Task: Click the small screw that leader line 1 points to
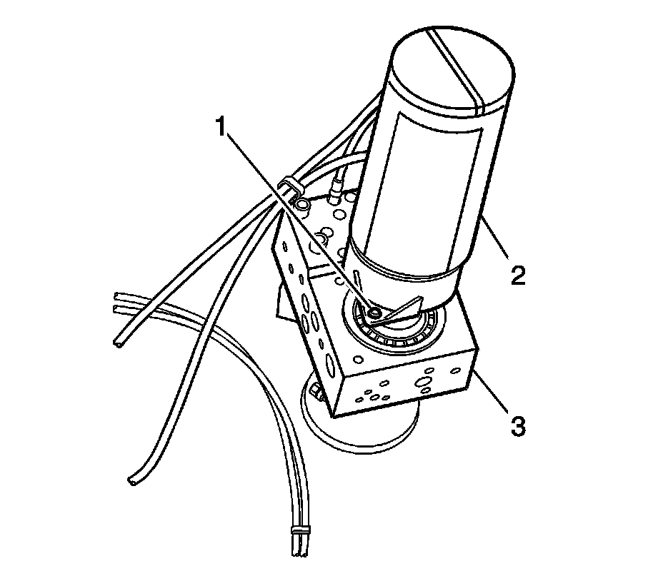(x=373, y=311)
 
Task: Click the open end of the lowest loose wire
(x=131, y=483)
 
